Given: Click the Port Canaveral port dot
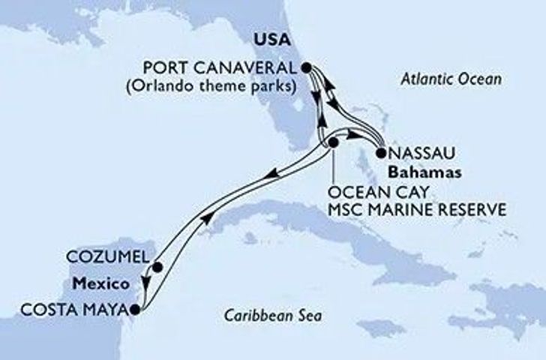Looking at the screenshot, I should [307, 67].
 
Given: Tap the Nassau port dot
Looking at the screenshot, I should [380, 154].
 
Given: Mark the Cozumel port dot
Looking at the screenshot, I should [157, 266].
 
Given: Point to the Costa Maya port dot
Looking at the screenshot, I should [134, 308].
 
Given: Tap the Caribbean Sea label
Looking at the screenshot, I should [274, 316].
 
